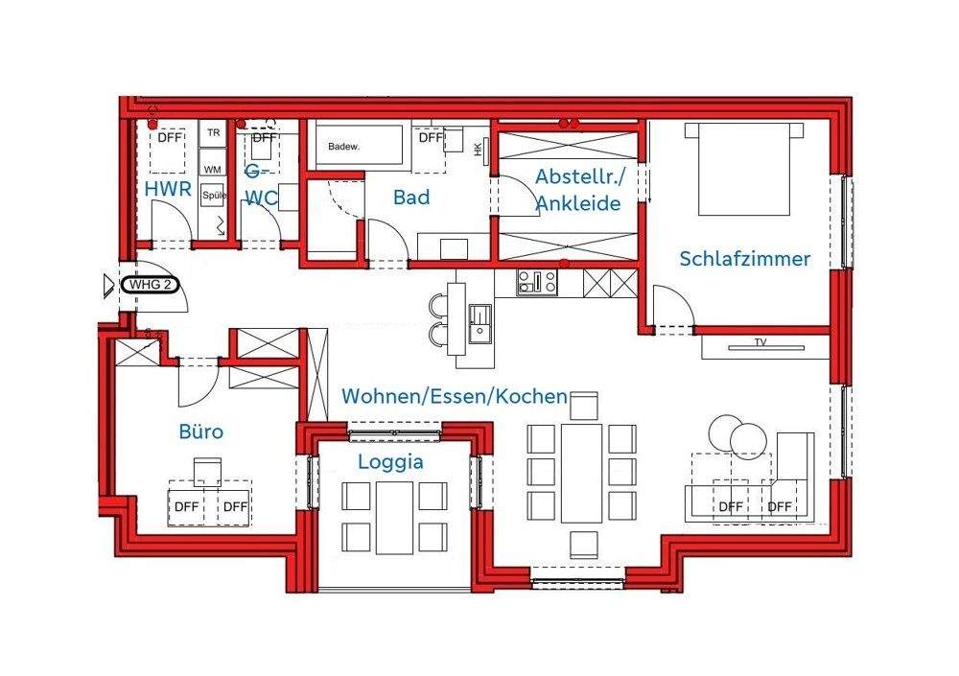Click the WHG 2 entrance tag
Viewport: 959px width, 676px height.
click(150, 285)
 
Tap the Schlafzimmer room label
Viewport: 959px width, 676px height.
click(744, 259)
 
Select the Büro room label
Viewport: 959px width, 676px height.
click(201, 431)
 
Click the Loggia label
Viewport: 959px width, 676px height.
click(390, 461)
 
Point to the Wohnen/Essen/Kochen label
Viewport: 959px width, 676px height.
click(455, 396)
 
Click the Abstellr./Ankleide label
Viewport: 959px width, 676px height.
click(578, 190)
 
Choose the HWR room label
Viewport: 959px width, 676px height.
click(169, 190)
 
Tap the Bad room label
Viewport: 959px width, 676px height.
click(411, 198)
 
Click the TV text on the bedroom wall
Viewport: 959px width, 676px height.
click(760, 342)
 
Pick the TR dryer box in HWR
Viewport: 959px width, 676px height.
click(212, 133)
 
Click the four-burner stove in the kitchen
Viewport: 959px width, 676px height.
click(537, 283)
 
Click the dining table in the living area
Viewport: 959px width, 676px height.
click(582, 473)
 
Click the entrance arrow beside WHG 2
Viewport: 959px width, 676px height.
click(107, 285)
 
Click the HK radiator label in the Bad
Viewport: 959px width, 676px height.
click(478, 149)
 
